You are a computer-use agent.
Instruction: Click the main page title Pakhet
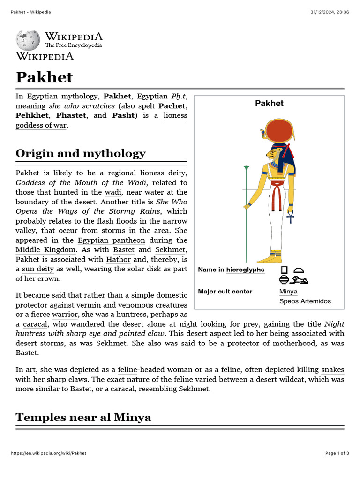(45, 77)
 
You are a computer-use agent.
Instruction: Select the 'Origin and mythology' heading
(81, 153)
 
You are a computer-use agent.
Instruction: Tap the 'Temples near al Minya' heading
(83, 417)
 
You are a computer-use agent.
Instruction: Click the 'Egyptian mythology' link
(62, 97)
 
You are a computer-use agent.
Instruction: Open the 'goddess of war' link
(41, 125)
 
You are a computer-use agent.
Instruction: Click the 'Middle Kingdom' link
(45, 250)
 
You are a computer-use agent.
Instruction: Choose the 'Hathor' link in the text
(118, 259)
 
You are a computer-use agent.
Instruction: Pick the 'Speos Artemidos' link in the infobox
(305, 301)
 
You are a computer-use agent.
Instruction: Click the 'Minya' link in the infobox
(288, 292)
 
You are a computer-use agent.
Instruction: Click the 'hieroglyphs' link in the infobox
(245, 270)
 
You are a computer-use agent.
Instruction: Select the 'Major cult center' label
(225, 292)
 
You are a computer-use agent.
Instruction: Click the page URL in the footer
(48, 453)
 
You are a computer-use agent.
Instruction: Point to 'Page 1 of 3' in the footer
(337, 453)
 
